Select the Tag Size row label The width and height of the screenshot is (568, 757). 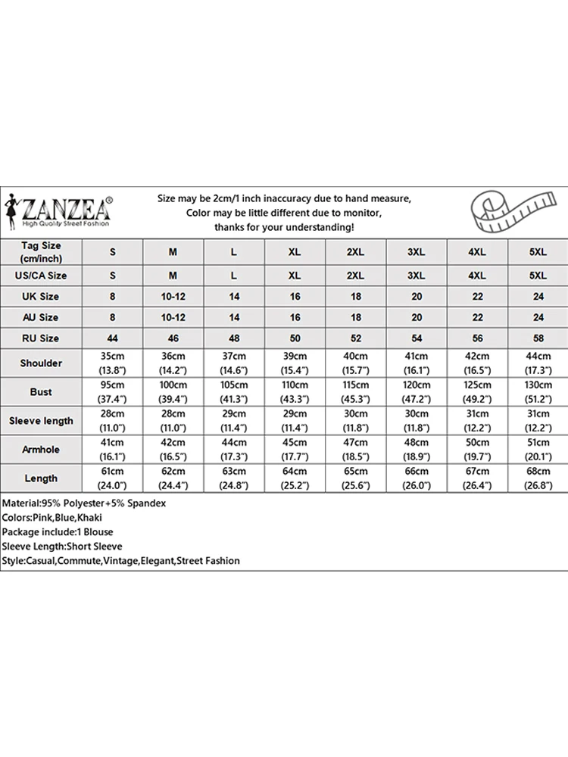coord(42,251)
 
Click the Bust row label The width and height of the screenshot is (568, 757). coord(42,392)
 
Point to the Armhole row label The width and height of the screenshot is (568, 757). coord(42,450)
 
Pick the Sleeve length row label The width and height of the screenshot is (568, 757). coord(42,421)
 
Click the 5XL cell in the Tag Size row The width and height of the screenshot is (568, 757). coord(538,251)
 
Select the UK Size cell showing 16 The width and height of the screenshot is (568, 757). coord(295,297)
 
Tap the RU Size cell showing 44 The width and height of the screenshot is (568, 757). coord(112,338)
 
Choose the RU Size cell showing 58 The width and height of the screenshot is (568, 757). coord(538,338)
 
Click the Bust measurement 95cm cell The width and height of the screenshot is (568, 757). coord(112,392)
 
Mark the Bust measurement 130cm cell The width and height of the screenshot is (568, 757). coord(538,392)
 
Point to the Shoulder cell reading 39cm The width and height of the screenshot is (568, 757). coord(295,363)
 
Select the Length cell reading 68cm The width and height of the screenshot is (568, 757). coord(538,478)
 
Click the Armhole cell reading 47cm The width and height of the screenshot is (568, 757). coord(355,450)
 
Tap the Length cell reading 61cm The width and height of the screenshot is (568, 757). coord(112,478)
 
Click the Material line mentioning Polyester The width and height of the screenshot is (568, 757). coord(84,503)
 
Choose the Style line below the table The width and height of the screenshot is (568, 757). coord(121,561)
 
